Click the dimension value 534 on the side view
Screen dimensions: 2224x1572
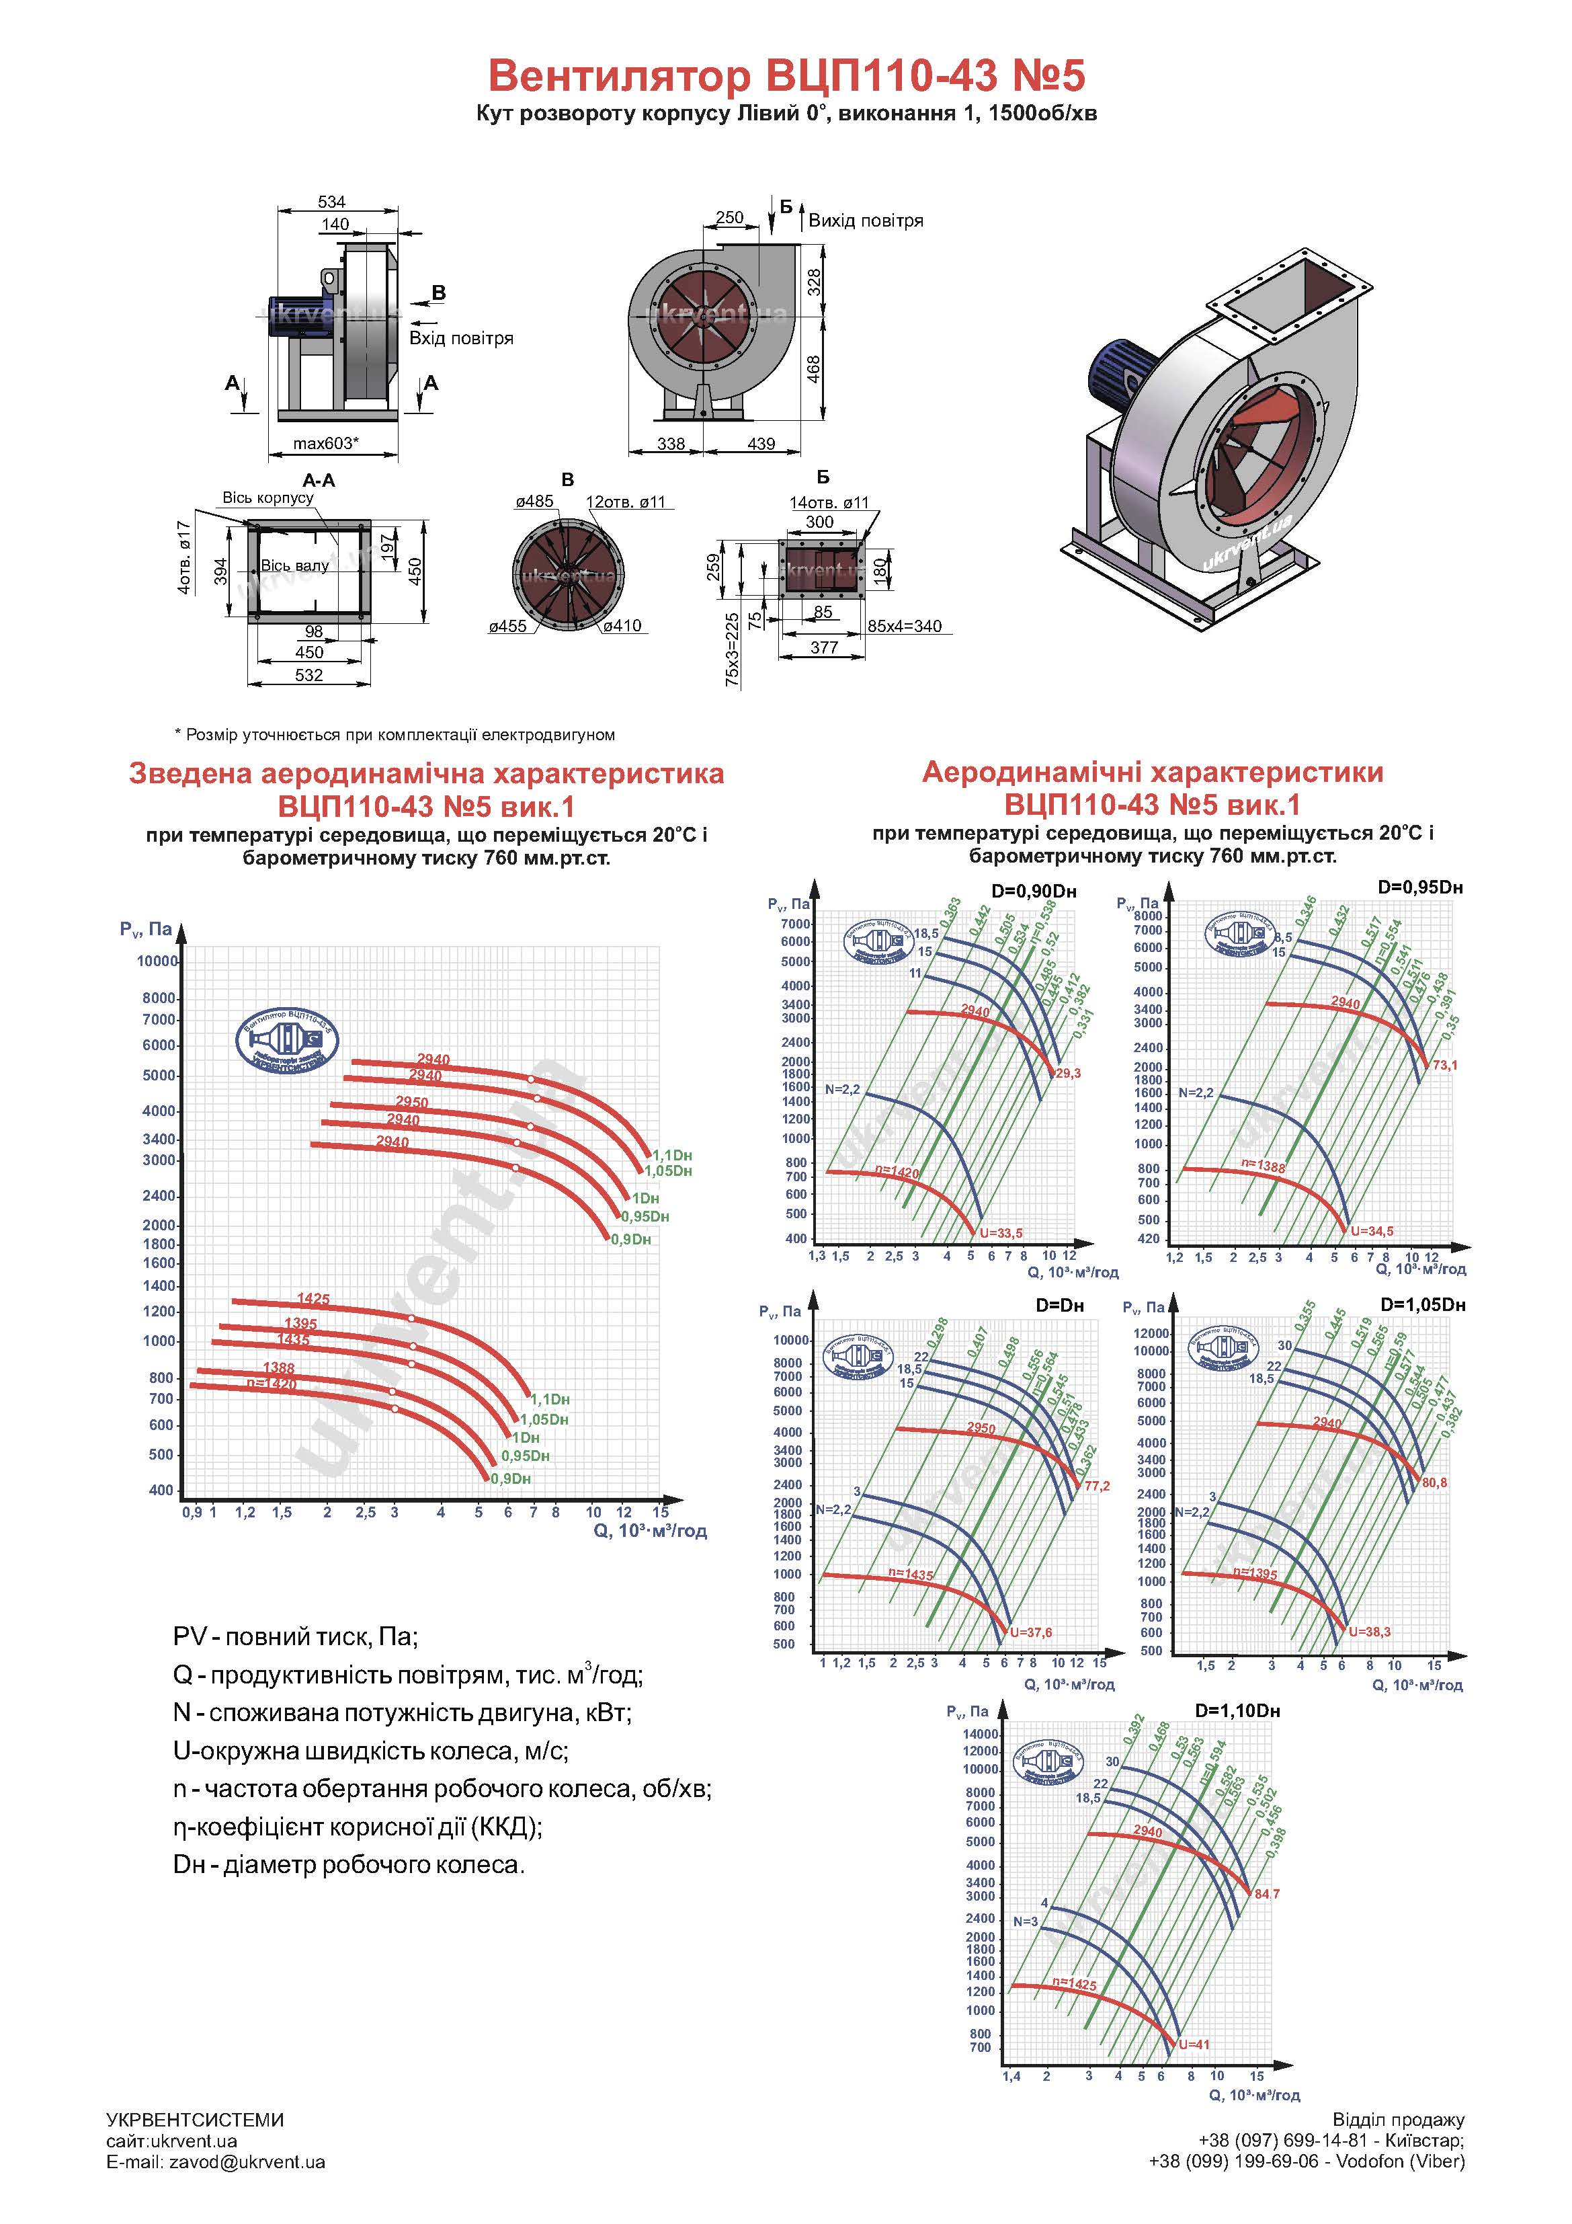(x=331, y=202)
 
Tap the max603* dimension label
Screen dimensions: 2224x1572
(x=325, y=444)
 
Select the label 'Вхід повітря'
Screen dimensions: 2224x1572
(x=461, y=338)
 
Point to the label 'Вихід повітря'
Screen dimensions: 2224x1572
(x=866, y=221)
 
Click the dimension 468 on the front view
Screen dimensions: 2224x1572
(x=815, y=368)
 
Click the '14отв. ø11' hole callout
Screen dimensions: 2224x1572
(x=829, y=503)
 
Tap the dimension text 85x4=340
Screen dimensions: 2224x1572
(x=904, y=626)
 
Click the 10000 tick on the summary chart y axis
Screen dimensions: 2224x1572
(x=157, y=961)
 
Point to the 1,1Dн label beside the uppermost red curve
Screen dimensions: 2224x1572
(x=672, y=1154)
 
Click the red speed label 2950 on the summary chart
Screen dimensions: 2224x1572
(x=411, y=1103)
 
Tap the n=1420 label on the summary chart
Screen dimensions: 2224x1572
(x=272, y=1383)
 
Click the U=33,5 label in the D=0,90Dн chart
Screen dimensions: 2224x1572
(x=1001, y=1233)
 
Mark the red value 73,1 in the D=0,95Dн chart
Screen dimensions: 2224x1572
(x=1445, y=1064)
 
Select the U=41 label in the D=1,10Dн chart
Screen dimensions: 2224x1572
(x=1194, y=2044)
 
